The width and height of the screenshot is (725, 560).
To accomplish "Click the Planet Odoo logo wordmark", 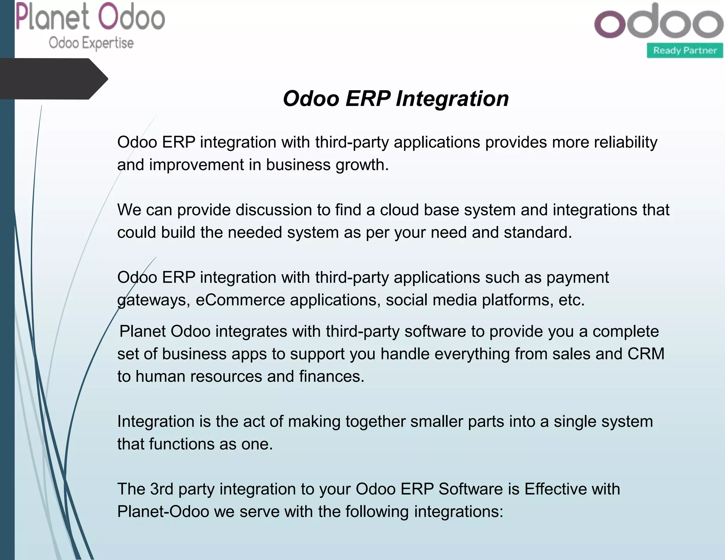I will (x=90, y=17).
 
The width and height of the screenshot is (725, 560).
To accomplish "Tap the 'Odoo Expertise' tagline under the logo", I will (x=91, y=43).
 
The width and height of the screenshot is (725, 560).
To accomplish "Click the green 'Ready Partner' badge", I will (x=685, y=51).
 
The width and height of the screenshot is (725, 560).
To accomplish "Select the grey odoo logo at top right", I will (x=658, y=21).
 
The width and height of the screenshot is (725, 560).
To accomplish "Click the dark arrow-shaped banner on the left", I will (x=53, y=79).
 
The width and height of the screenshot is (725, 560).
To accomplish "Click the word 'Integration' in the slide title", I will (x=452, y=98).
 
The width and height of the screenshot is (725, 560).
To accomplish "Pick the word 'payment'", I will (x=578, y=278).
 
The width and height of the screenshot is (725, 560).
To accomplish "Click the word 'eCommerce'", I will (x=240, y=300).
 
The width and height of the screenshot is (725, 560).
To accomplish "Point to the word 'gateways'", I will (x=152, y=300).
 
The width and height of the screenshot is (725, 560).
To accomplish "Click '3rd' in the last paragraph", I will (x=162, y=489).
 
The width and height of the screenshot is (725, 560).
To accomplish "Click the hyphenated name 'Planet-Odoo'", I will (x=163, y=512).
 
